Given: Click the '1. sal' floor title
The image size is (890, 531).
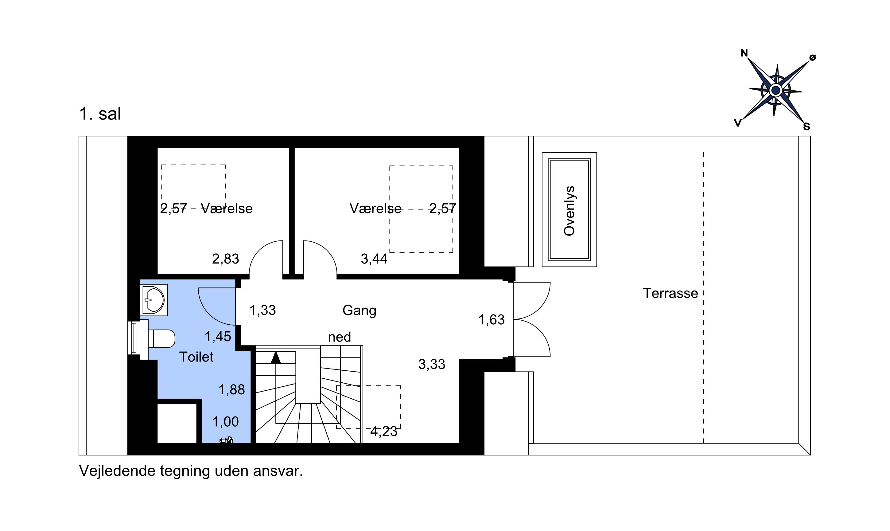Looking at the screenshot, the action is tap(100, 114).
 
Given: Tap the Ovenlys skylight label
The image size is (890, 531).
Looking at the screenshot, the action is tap(569, 211).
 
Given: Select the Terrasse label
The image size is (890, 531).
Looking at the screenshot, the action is tap(670, 293).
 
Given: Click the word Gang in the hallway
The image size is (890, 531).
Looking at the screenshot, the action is tap(359, 310).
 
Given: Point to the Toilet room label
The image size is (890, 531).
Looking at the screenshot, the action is tap(196, 357).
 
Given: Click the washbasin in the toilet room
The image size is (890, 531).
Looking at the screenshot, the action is tap(154, 300).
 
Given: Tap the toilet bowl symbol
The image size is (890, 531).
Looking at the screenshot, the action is tap(161, 338).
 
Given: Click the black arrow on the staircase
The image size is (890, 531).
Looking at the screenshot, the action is tap(276, 358).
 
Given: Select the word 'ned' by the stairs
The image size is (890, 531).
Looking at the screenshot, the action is tap(339, 337).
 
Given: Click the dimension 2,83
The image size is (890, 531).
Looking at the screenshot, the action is tap(225, 259).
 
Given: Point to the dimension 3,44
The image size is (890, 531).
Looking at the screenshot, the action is tap(374, 259).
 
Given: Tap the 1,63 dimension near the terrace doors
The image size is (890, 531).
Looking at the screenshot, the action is tap(491, 319).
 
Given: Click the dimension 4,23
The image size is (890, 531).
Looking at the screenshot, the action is tap(384, 431).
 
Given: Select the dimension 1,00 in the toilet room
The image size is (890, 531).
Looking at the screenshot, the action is tap(225, 422).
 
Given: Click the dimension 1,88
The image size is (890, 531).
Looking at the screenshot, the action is tap(232, 390).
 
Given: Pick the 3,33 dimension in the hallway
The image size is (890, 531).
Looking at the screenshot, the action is tap(432, 364).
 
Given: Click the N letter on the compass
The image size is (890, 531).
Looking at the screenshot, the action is tap(744, 53).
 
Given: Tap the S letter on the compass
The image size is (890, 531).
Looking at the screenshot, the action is tap(806, 126).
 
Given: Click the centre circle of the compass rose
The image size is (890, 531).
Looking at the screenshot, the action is tap(775, 90).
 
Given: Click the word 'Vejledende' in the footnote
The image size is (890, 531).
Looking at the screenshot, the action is tap(117, 471).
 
